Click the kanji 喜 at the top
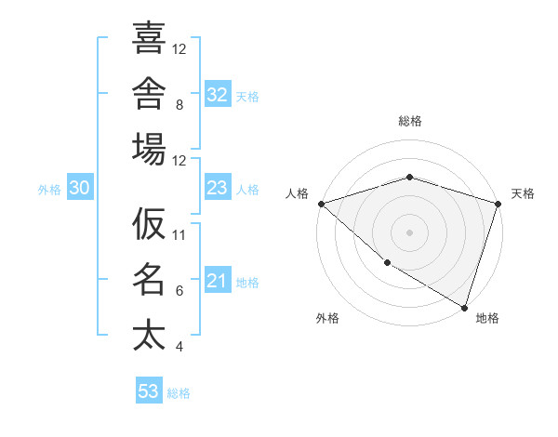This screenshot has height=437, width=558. (x=149, y=37)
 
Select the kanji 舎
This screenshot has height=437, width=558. (x=149, y=93)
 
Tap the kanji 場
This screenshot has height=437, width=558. (x=149, y=149)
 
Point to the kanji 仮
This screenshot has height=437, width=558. (x=149, y=223)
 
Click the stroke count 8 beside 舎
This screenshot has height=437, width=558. (x=179, y=105)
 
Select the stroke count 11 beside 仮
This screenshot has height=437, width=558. (x=179, y=235)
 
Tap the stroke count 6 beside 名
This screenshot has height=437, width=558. (x=179, y=291)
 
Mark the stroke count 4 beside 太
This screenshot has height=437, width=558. (x=179, y=347)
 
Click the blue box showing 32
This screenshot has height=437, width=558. (x=218, y=94)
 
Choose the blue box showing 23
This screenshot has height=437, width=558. (x=218, y=187)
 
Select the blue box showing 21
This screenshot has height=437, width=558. (x=218, y=279)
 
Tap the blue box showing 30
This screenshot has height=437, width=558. (x=80, y=187)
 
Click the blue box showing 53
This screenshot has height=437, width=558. (x=149, y=390)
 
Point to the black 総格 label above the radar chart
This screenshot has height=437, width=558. (x=410, y=121)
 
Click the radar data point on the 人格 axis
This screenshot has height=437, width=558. (x=322, y=204)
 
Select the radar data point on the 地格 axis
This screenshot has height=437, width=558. (x=464, y=308)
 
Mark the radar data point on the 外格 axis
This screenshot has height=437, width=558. (x=388, y=263)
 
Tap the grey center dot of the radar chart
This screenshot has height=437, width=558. (x=409, y=232)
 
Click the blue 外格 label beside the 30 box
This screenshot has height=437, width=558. (x=49, y=190)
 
